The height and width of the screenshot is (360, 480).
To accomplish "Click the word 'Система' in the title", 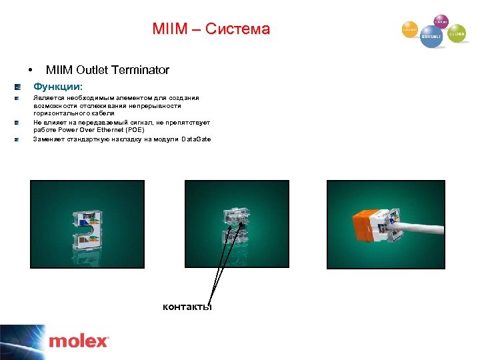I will click(237, 29).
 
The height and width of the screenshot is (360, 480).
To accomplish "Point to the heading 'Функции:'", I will click(59, 87).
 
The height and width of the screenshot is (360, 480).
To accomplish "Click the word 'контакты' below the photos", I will click(187, 307).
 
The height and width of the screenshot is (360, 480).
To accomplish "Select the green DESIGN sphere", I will click(457, 33).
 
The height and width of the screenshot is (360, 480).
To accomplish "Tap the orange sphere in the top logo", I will click(409, 29).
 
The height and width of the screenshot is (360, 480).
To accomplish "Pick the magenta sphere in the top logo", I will click(441, 21).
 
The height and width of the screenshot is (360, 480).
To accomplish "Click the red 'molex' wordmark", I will click(78, 341).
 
